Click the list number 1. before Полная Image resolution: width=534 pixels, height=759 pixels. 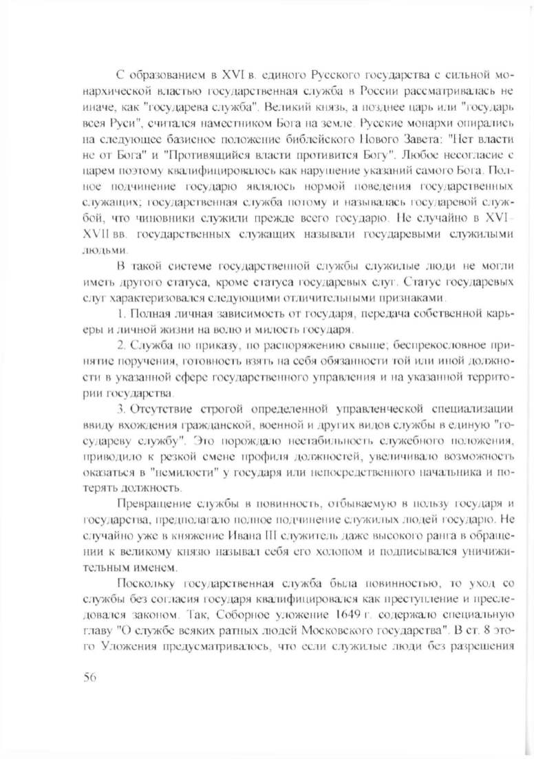[x=122, y=314]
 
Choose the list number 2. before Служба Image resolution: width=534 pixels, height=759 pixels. [x=122, y=346]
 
